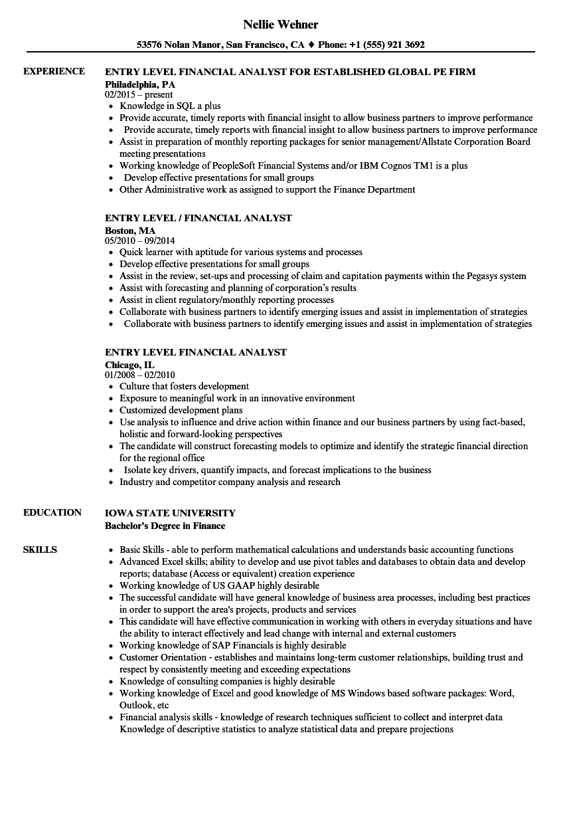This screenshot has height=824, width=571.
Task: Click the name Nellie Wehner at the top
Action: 280,25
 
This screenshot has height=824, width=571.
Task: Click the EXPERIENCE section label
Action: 54,71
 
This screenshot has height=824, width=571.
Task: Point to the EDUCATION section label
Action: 52,512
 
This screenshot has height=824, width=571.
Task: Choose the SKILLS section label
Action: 40,550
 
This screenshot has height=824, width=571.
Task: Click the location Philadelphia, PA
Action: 140,84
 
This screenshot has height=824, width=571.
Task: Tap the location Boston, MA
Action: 130,231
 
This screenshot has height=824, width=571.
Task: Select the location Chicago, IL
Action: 129,365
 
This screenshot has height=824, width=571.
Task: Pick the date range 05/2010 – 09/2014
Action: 140,241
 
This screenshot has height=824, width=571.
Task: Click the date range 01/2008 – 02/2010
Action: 140,375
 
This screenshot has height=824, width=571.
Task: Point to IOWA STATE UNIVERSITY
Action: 170,512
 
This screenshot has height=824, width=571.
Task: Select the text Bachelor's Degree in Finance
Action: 165,526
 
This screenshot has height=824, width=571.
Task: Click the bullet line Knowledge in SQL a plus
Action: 170,106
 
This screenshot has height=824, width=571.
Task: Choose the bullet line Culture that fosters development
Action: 184,386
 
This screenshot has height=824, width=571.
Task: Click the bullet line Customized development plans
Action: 181,410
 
